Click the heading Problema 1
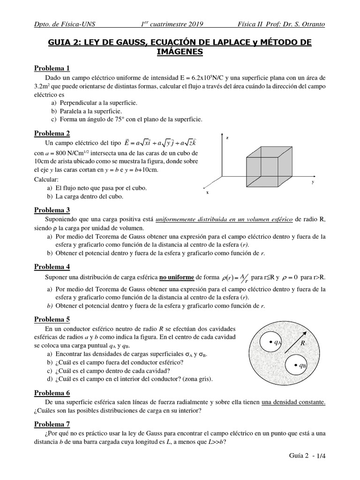tap(52, 68)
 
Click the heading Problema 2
tap(52, 133)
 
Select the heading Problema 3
tap(52, 210)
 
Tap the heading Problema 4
tap(52, 267)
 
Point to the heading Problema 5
tap(52, 319)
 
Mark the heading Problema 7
tap(52, 424)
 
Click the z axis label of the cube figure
tap(227, 138)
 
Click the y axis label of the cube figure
tap(312, 181)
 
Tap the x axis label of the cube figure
tap(207, 193)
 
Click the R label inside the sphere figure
tap(302, 343)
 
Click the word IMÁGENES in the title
tap(180, 52)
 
